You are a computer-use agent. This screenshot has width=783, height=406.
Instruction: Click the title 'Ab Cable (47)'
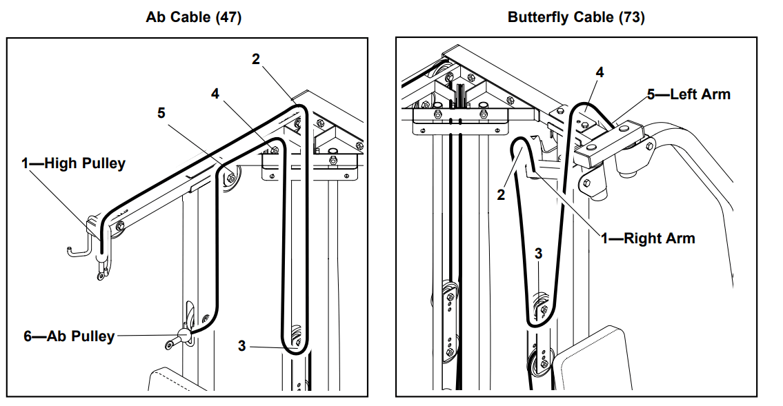193,17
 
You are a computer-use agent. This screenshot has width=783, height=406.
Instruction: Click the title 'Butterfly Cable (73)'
576,17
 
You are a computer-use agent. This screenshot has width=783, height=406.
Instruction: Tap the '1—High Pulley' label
73,163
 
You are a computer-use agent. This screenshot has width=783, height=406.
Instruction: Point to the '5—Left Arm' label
688,94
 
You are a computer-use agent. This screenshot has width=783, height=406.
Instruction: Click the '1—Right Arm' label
648,238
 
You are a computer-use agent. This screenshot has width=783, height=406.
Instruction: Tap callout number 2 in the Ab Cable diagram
256,59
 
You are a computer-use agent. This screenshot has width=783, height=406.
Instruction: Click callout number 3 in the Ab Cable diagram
241,346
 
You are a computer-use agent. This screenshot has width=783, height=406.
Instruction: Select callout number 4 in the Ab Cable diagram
215,94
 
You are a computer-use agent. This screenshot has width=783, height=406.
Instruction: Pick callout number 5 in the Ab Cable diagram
161,112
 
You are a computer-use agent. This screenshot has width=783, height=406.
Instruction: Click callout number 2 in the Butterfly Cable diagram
502,194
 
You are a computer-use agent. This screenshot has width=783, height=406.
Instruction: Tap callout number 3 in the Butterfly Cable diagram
539,254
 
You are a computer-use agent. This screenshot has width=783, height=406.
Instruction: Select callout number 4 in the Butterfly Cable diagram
599,72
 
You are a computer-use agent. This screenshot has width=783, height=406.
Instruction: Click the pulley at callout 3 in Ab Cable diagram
297,338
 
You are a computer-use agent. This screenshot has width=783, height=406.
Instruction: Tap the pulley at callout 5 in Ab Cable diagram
230,178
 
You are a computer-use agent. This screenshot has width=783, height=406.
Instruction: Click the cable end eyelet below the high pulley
101,276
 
